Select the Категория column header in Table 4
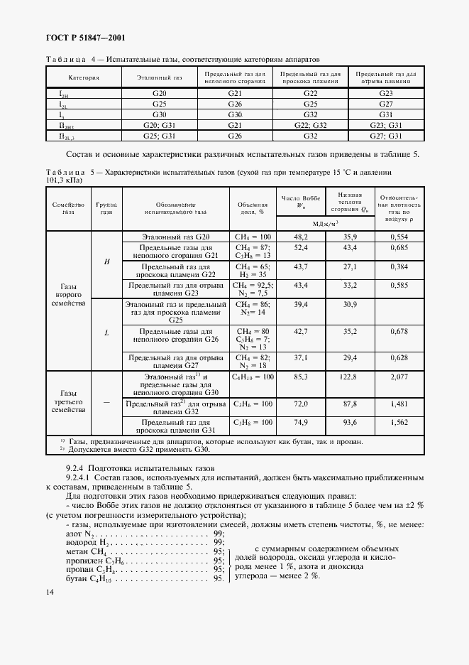84,77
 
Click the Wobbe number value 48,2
301,236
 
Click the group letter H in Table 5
106,261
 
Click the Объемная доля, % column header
251,207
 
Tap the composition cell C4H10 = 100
253,377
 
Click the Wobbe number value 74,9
301,422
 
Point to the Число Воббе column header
301,201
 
